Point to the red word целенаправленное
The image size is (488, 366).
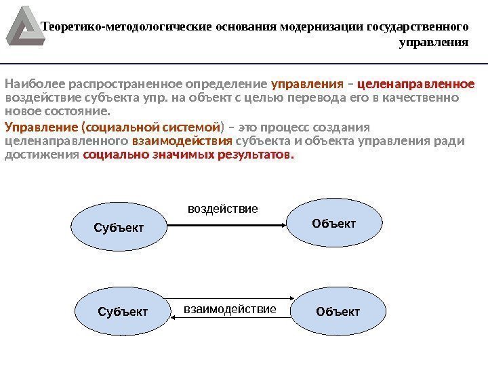coord(415,85)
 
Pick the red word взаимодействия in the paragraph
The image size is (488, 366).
coord(182,142)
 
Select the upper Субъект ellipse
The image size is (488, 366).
coord(119,227)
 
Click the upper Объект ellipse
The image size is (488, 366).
coord(333,224)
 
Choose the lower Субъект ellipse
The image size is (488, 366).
coord(123,312)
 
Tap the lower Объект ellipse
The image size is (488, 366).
coord(338,312)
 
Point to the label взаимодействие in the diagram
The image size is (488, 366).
coord(230,310)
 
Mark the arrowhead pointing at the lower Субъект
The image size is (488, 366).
coord(172,319)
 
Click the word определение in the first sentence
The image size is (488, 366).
coord(233,85)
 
